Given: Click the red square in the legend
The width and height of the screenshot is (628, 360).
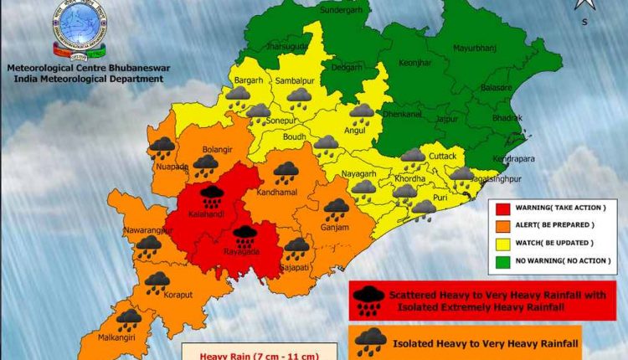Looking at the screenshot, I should (502, 208).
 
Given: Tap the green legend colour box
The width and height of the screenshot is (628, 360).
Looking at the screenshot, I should (502, 260).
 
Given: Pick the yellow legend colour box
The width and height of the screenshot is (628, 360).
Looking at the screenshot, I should (502, 243).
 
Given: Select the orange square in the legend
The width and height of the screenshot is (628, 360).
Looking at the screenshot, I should (502, 225).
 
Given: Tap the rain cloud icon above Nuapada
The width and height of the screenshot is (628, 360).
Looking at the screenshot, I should (162, 147).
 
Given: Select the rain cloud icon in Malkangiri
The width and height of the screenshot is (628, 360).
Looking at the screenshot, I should (128, 319).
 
